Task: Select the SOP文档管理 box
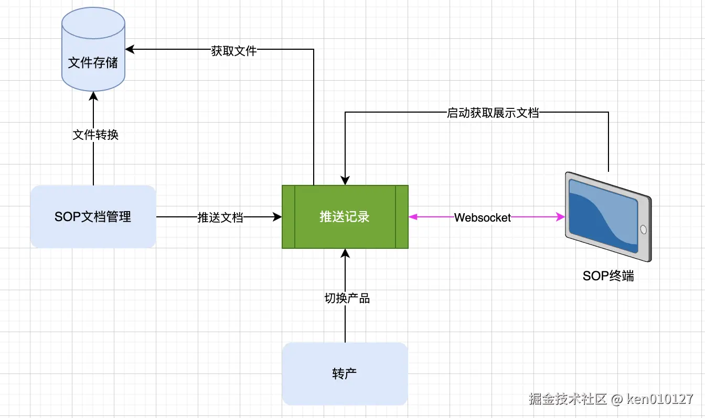point(93,216)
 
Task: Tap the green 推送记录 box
point(345,216)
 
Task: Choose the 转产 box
point(345,373)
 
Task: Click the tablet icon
point(607,216)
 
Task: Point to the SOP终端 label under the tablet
point(608,276)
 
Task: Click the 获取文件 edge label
point(234,51)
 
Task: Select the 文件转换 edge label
point(95,135)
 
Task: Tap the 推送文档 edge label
point(220,217)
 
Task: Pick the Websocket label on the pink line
point(483,217)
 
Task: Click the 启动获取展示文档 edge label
point(493,113)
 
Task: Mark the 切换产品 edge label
point(347,299)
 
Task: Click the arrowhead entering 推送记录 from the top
point(345,180)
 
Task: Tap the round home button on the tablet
point(644,230)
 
